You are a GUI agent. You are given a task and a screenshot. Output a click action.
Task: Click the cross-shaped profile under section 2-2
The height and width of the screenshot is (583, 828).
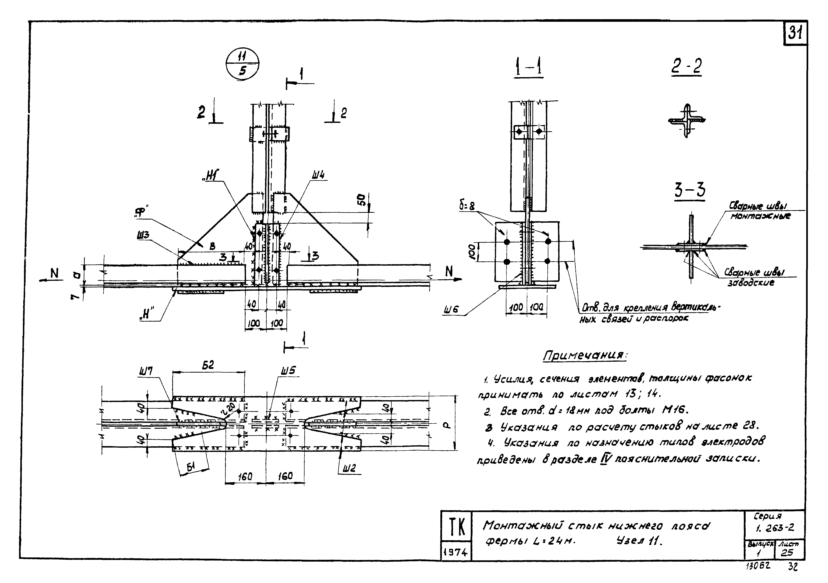[686, 121]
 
